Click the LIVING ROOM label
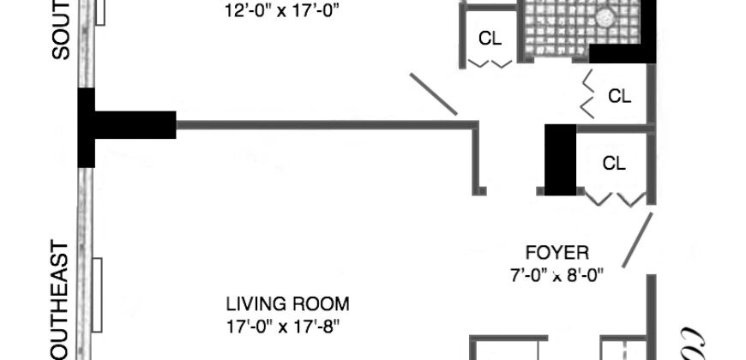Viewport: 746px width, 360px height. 287,303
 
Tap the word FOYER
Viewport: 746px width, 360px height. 557,253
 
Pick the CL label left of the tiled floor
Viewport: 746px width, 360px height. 490,39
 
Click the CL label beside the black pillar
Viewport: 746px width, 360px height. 614,162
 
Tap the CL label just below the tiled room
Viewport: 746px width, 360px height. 619,96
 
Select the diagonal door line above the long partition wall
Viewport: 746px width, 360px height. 434,94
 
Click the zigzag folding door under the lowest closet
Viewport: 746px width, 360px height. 617,199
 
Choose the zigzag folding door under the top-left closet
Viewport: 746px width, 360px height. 490,63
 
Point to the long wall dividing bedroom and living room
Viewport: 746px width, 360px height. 326,125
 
